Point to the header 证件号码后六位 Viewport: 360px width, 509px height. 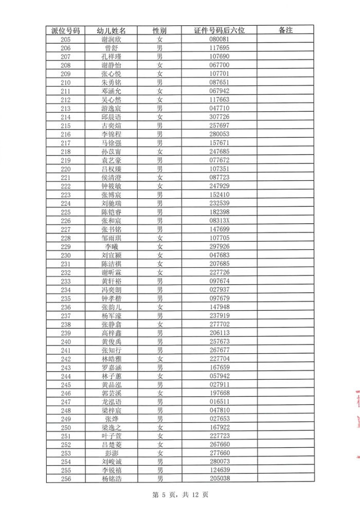point(219,30)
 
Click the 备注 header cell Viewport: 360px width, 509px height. point(285,30)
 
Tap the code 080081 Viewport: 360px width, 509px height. point(219,39)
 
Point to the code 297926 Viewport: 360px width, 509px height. point(219,247)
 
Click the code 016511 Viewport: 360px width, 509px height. point(219,402)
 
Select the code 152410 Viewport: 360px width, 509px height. point(219,195)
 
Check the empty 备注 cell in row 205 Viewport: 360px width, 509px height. point(285,39)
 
